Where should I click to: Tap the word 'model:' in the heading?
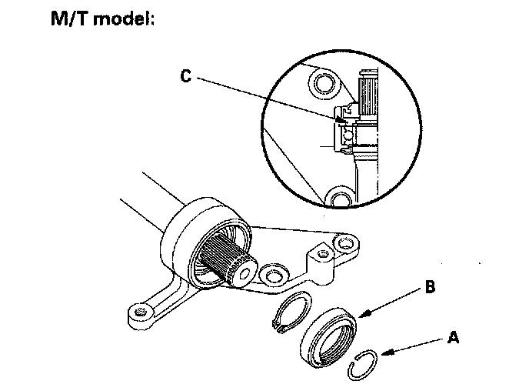pos(121,18)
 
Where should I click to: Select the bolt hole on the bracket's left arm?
pos(139,312)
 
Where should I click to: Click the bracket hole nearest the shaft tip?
pos(270,273)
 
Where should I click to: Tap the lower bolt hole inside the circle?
pos(338,199)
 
